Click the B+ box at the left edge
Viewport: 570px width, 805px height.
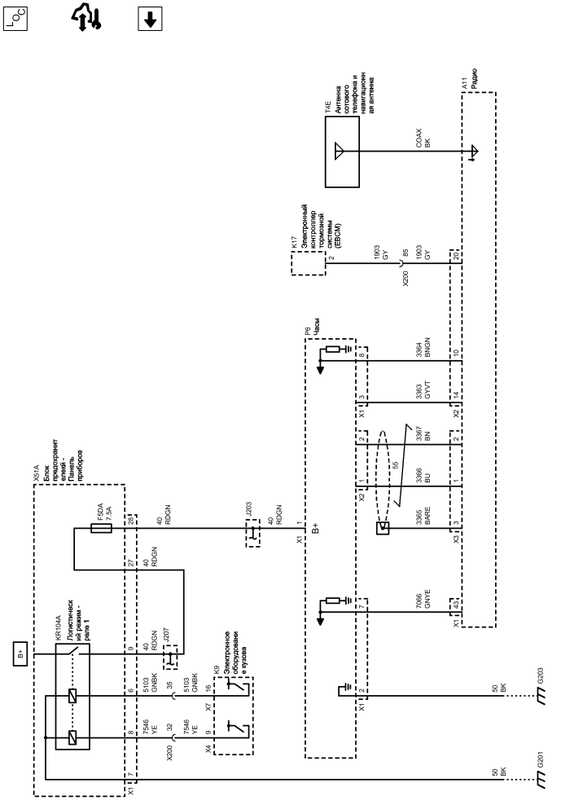[x=20, y=654]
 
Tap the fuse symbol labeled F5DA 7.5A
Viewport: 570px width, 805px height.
[x=101, y=528]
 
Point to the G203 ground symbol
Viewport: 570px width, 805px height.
[x=540, y=696]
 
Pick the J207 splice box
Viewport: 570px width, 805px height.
[x=170, y=657]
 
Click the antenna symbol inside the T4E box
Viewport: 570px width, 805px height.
[x=339, y=152]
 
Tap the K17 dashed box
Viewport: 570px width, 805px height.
[x=309, y=263]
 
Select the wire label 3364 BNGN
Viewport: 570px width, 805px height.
[x=423, y=348]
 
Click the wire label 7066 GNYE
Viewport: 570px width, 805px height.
[x=423, y=599]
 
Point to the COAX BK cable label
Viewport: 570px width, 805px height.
[x=423, y=138]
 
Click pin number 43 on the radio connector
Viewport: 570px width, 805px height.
[x=455, y=605]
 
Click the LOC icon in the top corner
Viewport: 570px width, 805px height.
[x=15, y=19]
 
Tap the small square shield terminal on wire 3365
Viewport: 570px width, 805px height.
[x=382, y=528]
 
